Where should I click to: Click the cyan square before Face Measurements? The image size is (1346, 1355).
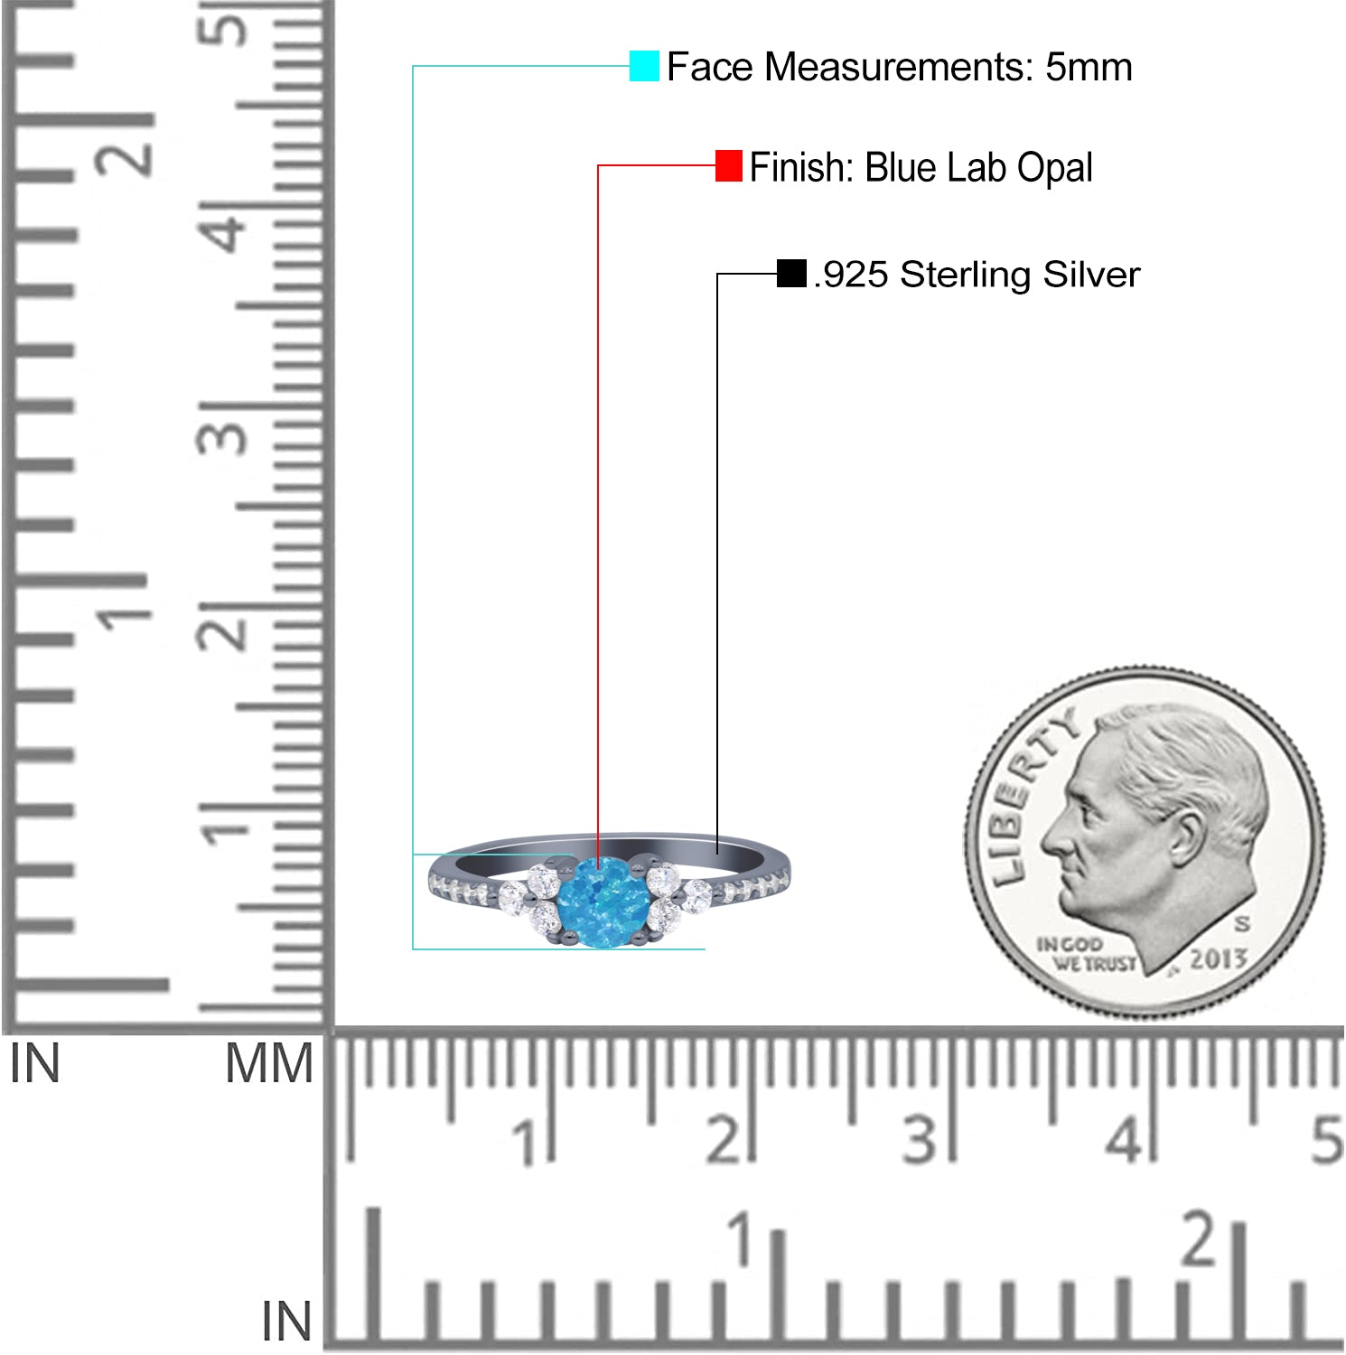tap(644, 66)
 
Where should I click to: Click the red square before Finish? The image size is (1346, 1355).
tap(729, 166)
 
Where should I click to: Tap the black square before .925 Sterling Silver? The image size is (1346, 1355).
tap(791, 274)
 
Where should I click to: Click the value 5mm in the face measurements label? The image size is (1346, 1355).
tap(1089, 67)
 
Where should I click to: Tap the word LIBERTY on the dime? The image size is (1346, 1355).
tap(1032, 795)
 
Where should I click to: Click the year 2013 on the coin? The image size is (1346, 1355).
tap(1219, 958)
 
